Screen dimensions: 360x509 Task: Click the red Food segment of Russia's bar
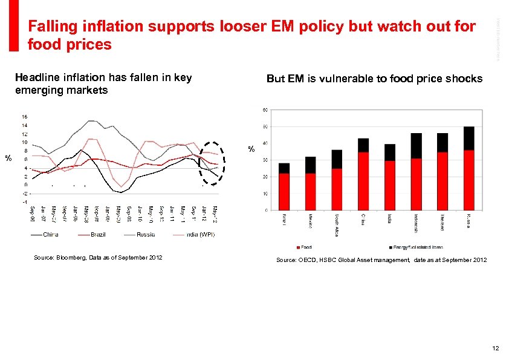469,180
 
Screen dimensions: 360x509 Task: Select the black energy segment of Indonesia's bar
416,146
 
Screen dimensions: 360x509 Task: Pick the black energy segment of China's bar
363,145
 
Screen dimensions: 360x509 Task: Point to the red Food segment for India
390,185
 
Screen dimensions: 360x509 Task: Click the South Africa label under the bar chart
337,221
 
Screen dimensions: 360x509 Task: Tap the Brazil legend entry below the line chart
97,234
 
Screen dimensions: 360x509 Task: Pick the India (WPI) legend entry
199,234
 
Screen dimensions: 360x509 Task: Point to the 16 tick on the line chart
24,116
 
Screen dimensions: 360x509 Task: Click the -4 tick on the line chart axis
24,201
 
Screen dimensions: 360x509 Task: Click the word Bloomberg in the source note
70,258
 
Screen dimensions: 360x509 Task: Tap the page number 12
495,348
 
